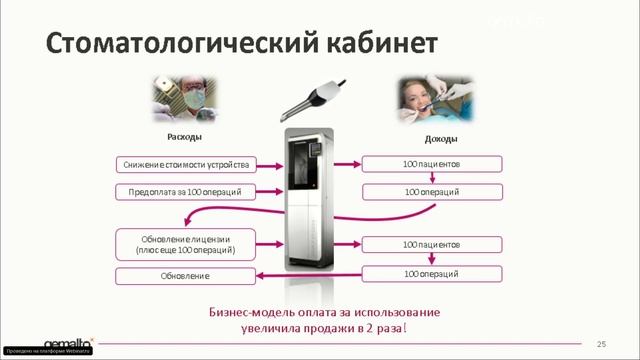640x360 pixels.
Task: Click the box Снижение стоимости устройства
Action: pyautogui.click(x=188, y=163)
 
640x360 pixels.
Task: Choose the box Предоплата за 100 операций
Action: pyautogui.click(x=185, y=190)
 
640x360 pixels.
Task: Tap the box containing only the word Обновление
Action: pyautogui.click(x=186, y=275)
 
